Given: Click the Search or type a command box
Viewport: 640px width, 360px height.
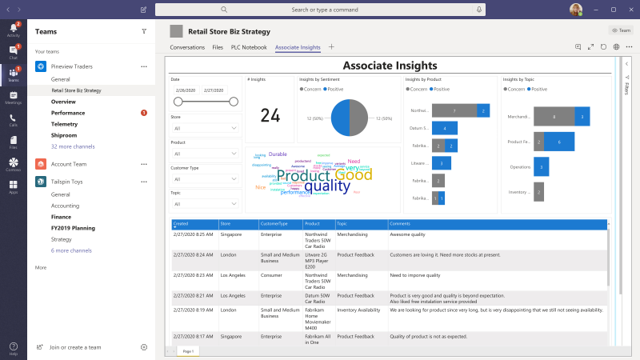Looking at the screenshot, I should click(320, 10).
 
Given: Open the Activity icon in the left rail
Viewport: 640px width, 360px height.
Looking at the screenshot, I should click(13, 30).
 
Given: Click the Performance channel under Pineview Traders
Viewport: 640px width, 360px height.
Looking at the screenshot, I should click(68, 113).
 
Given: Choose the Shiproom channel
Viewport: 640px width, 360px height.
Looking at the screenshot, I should click(64, 135).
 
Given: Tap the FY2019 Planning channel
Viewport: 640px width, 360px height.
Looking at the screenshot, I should click(73, 227).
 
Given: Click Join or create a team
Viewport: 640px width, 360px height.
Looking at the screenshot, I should click(75, 347).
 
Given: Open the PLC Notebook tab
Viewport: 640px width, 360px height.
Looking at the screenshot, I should click(249, 47).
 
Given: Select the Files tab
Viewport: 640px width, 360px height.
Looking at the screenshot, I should click(218, 47).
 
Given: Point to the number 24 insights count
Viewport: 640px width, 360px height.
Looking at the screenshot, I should click(270, 116).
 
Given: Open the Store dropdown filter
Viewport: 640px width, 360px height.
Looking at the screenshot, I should click(206, 128).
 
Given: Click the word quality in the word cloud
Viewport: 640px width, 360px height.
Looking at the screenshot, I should click(327, 186).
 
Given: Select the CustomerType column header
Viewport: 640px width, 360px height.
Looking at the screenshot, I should click(280, 224).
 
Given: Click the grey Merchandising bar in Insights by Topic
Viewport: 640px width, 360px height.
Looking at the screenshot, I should click(553, 117).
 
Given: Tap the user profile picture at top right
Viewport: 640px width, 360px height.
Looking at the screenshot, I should click(575, 10).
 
